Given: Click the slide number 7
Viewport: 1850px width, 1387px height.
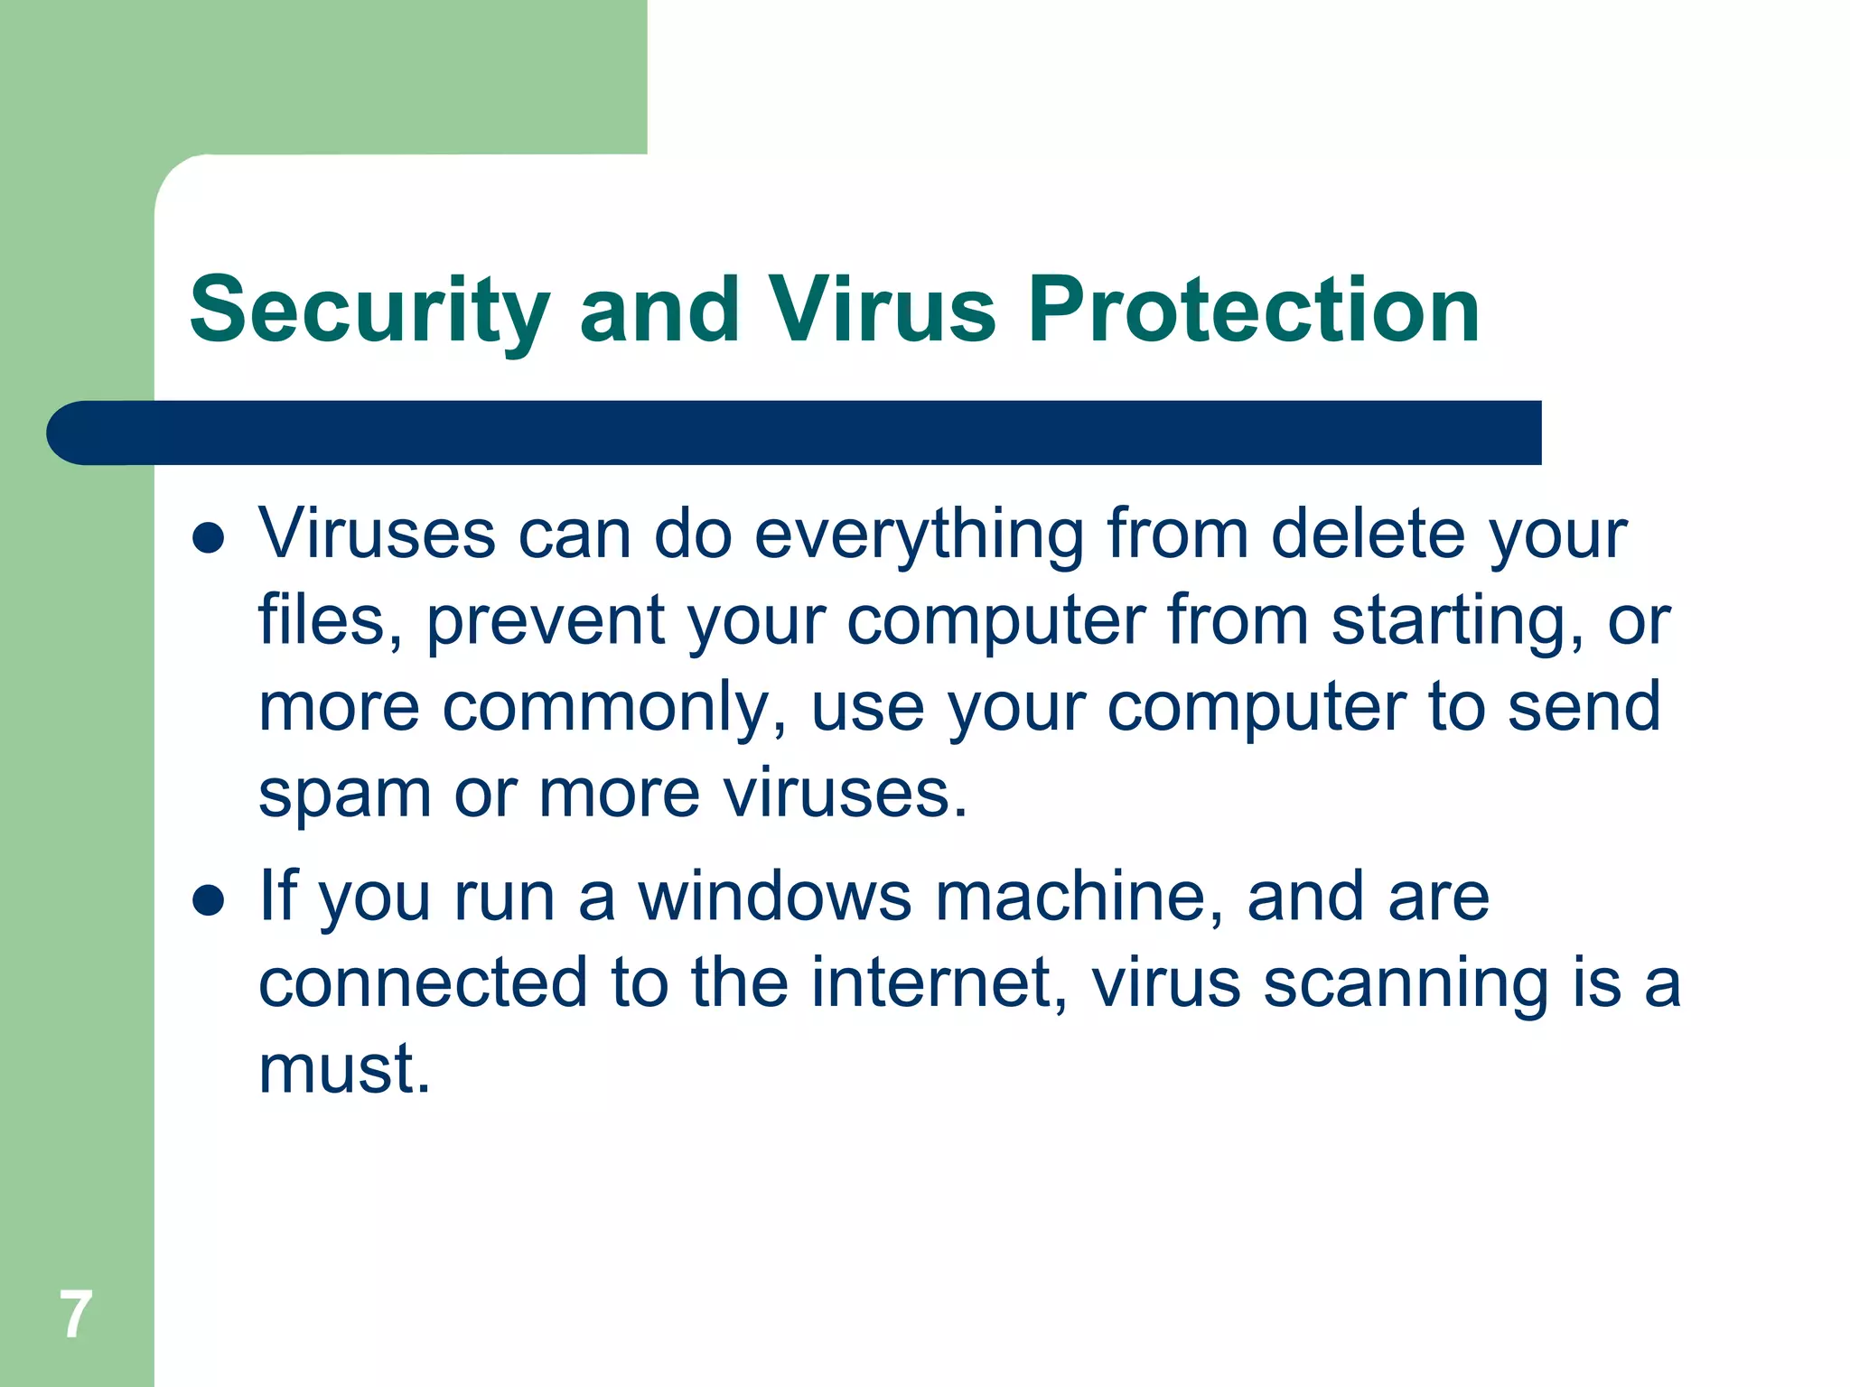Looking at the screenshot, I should click(76, 1315).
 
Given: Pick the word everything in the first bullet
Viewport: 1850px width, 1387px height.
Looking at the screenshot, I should click(919, 535).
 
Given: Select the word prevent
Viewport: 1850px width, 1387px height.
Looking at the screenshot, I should click(546, 621).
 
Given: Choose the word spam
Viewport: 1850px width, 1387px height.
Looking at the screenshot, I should click(344, 795).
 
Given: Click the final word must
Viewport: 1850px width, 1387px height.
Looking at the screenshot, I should click(344, 1069).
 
